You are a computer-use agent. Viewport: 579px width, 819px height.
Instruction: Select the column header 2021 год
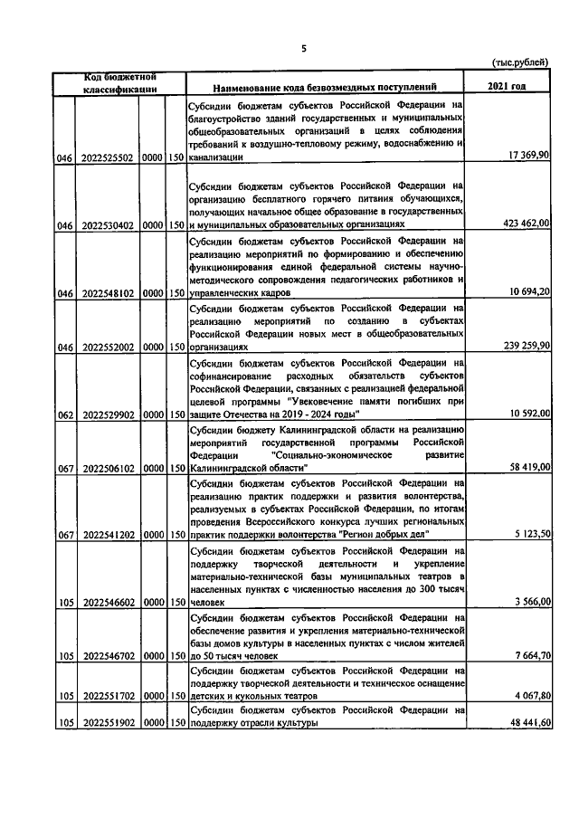coord(507,87)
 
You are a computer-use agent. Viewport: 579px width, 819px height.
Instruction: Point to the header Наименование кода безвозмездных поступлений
coord(325,88)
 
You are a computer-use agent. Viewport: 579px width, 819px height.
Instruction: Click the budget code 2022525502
coord(108,158)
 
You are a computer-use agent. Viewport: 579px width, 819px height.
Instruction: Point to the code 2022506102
coord(108,470)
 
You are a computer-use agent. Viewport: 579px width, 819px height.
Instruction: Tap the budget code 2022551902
coord(108,724)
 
